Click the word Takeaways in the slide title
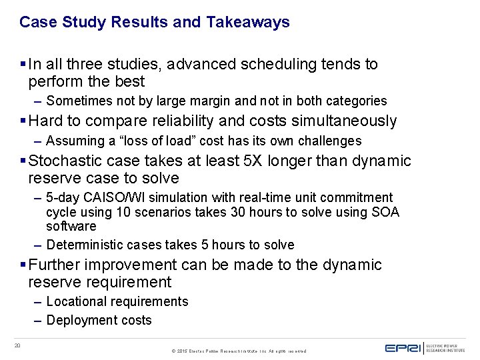pos(248,22)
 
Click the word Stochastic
pos(68,161)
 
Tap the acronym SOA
pos(386,212)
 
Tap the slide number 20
pos(19,345)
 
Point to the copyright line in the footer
pos(239,351)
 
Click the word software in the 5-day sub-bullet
pos(71,226)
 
